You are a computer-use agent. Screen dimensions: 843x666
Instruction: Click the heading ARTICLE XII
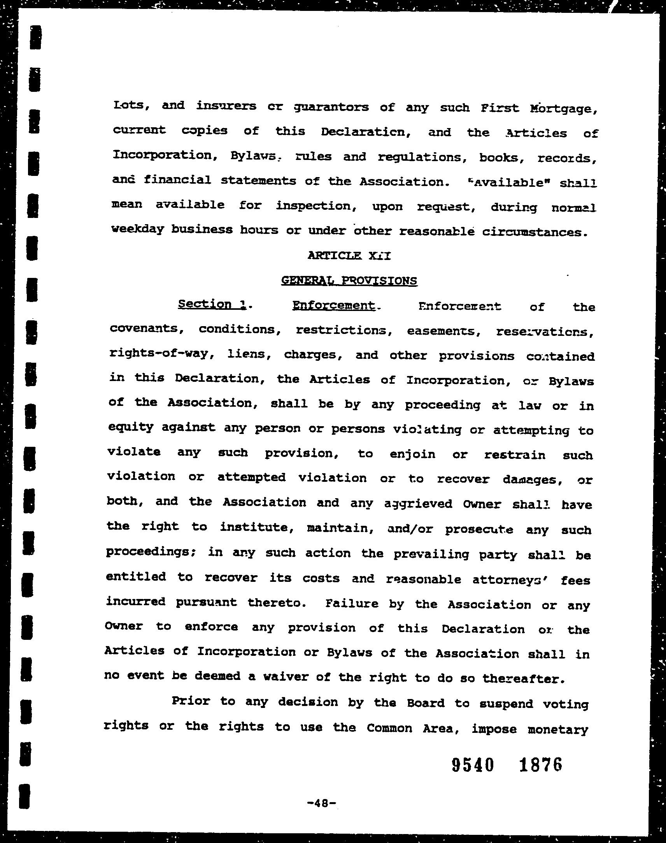click(349, 256)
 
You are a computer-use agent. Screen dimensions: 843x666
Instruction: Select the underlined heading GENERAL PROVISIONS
click(349, 281)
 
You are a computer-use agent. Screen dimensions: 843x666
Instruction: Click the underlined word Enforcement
click(334, 305)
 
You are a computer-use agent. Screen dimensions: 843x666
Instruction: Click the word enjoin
click(412, 454)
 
